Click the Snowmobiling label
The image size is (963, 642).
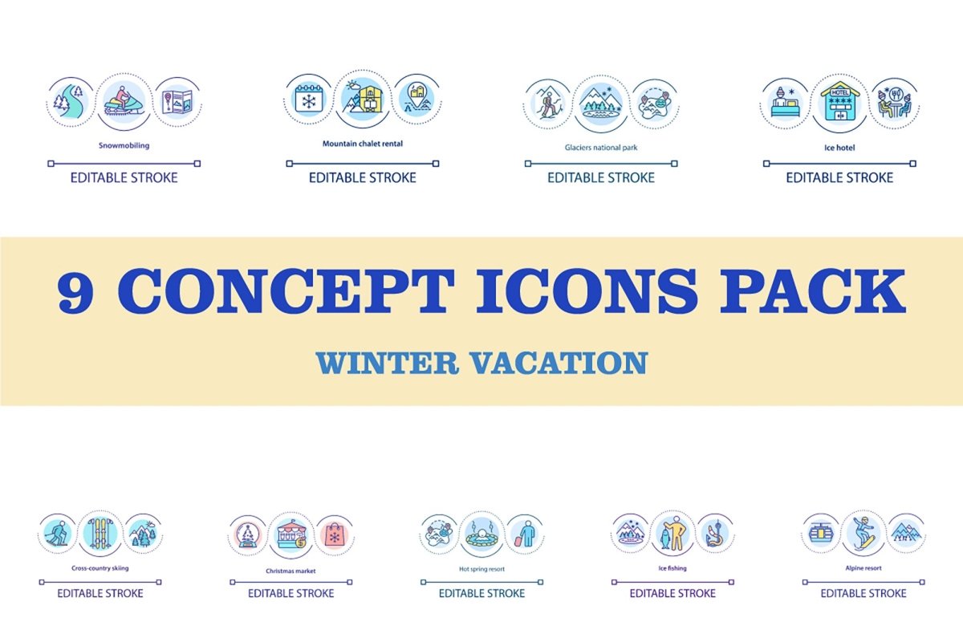(x=124, y=146)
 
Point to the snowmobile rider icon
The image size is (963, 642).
(x=124, y=103)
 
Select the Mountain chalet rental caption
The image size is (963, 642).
(x=363, y=144)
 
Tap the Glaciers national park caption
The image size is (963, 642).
(x=601, y=148)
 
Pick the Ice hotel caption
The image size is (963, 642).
(x=839, y=148)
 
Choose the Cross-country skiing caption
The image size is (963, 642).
(x=100, y=568)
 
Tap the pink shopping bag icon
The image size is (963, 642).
(x=333, y=534)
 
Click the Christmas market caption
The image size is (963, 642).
(x=291, y=571)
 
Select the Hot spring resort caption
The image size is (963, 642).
(x=481, y=569)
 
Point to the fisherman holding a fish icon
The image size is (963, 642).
(x=672, y=533)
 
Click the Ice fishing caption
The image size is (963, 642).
(x=672, y=568)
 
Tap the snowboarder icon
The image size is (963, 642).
(x=863, y=531)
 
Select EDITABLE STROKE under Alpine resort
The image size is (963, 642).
(x=863, y=593)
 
